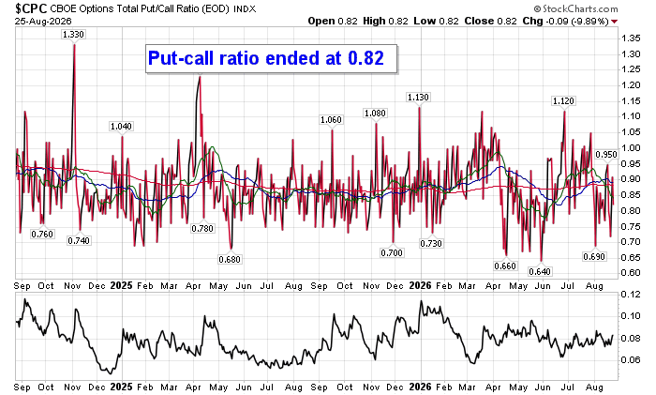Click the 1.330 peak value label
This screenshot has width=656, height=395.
pos(74,35)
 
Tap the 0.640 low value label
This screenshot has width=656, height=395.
pos(540,271)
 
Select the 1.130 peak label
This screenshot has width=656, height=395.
pos(418,98)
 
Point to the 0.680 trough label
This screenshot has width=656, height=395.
pos(230,259)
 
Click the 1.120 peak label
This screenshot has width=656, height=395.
pos(563,101)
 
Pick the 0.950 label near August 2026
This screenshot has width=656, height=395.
pos(606,155)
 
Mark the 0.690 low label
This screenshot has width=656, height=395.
pos(594,256)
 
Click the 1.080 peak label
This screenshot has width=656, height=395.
pos(375,114)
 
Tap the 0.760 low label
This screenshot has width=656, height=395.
pos(42,235)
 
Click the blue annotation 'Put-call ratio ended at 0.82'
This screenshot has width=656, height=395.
pos(266,58)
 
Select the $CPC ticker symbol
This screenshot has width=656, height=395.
pos(31,8)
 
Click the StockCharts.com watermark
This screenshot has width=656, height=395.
pos(575,8)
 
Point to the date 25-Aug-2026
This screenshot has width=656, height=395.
pos(43,21)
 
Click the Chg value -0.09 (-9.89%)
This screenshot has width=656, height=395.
pos(577,21)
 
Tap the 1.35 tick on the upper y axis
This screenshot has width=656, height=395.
pos(631,38)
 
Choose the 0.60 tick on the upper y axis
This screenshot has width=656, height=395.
pos(631,273)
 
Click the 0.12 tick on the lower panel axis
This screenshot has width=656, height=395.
pos(631,295)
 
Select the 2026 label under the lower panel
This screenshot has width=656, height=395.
pos(420,387)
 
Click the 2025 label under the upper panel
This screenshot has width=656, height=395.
pos(121,285)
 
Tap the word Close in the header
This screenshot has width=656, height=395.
pos(479,21)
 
